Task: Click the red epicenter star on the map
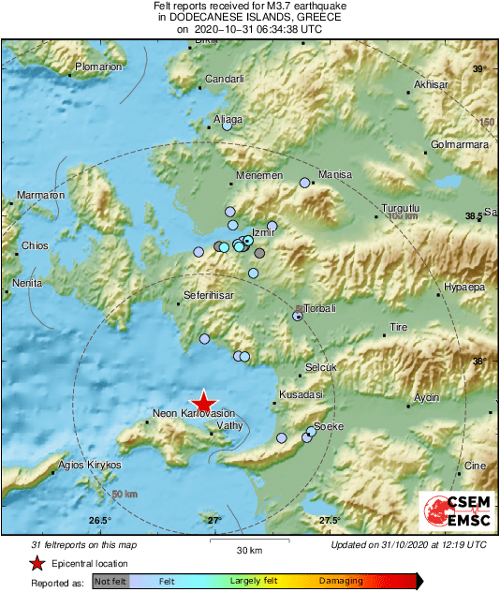204,401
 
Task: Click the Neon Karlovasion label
194,413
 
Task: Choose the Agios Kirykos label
90,465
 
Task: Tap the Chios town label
35,246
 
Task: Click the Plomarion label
98,67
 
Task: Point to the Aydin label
426,398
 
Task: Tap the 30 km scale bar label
249,549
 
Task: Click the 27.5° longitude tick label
329,521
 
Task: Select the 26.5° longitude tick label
100,521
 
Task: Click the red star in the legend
37,564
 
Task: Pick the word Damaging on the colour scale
341,581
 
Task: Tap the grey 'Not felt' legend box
111,582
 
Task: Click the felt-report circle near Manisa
304,183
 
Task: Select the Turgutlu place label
404,208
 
